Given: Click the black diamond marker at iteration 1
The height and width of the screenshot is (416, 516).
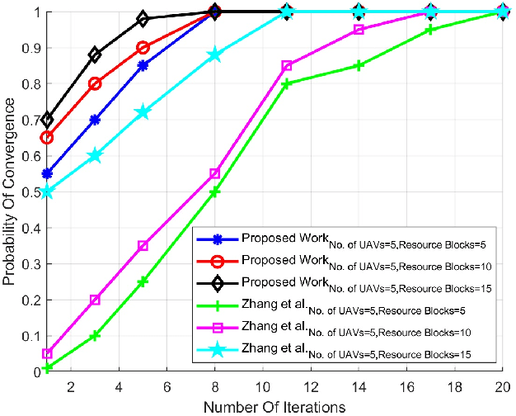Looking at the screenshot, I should pyautogui.click(x=47, y=121).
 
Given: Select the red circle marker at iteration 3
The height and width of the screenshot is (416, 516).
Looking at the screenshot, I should pyautogui.click(x=95, y=84).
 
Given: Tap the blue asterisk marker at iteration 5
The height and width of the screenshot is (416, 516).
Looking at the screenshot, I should pyautogui.click(x=143, y=66).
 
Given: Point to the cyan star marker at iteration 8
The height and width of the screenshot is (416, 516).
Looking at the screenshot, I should pyautogui.click(x=214, y=55).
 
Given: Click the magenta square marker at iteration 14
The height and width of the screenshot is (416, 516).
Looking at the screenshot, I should pyautogui.click(x=359, y=30).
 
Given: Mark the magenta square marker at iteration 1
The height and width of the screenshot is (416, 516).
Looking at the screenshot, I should pyautogui.click(x=47, y=353).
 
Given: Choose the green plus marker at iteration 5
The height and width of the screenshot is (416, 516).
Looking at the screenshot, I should pyautogui.click(x=143, y=281).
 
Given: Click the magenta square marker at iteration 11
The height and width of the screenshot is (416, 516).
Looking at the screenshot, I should pyautogui.click(x=287, y=66).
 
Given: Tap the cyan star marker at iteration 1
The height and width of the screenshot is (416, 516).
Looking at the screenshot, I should pyautogui.click(x=47, y=192).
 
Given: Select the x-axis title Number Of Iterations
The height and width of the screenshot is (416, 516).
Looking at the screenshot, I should pyautogui.click(x=274, y=406).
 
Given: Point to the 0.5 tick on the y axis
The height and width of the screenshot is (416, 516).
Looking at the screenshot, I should pyautogui.click(x=31, y=192).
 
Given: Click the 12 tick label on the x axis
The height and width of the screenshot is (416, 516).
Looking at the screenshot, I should pyautogui.click(x=311, y=387).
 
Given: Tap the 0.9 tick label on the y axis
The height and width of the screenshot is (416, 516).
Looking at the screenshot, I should pyautogui.click(x=31, y=48).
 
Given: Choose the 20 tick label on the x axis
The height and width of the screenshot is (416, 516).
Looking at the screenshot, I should pyautogui.click(x=501, y=387).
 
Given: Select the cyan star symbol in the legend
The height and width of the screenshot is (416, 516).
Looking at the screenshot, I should pyautogui.click(x=218, y=351).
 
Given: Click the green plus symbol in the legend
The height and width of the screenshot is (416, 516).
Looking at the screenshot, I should pyautogui.click(x=218, y=306).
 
